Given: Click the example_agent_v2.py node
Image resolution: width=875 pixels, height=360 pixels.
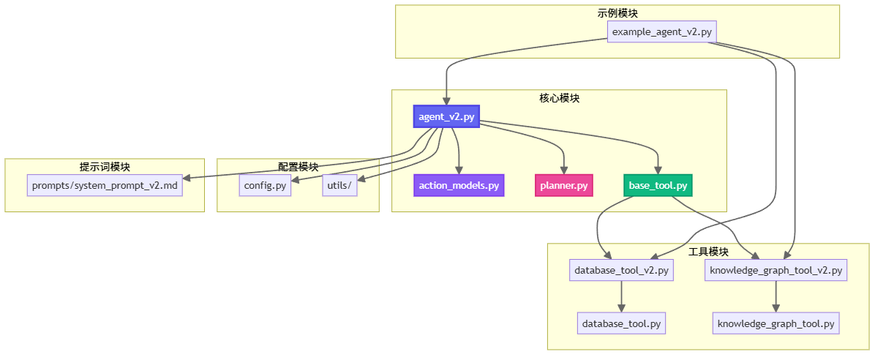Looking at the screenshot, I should [x=661, y=31].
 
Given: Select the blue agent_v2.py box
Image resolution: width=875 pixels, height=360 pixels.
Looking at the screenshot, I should [x=446, y=116].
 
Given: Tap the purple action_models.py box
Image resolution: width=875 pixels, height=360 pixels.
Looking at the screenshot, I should [x=459, y=185].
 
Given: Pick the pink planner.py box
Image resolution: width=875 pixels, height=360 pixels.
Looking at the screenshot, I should [x=563, y=185].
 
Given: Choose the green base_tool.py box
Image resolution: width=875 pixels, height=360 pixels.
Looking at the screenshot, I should [x=658, y=185].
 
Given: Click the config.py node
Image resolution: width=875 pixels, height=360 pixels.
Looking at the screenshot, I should [x=265, y=185].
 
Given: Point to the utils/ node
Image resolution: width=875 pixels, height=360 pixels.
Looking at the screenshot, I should [x=339, y=185].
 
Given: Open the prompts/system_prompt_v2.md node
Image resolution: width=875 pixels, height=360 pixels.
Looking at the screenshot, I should [x=105, y=185].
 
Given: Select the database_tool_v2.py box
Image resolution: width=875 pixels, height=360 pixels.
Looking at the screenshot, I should [x=621, y=271].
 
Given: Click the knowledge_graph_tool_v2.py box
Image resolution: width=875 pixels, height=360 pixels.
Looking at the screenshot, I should [x=776, y=271].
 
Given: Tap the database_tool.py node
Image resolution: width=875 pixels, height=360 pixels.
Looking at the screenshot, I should [x=621, y=323].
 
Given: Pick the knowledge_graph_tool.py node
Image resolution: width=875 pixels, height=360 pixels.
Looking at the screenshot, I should [x=776, y=323].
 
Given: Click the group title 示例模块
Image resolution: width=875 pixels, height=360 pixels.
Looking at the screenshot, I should [x=617, y=12].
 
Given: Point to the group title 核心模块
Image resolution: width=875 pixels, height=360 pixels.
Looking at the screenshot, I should [x=559, y=97].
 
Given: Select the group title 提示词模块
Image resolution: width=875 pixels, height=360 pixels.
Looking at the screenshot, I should [x=105, y=167].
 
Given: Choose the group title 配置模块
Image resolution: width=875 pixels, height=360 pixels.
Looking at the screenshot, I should [x=298, y=167].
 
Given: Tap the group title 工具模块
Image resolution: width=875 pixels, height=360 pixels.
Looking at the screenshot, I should [x=708, y=252].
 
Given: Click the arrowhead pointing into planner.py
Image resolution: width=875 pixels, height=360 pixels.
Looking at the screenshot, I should [x=564, y=169].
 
